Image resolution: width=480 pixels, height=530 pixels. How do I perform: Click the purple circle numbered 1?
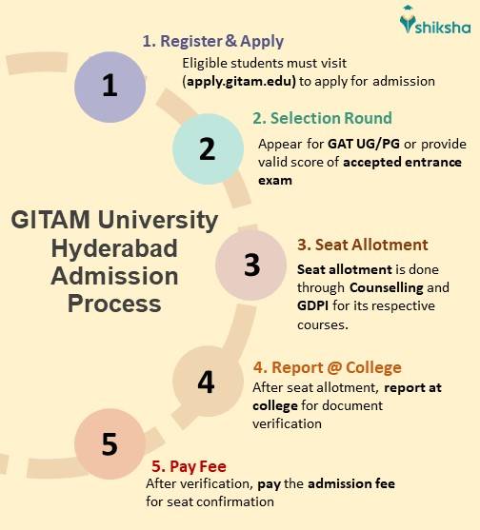pos(110,86)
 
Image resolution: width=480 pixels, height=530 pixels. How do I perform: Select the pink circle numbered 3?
pos(251,265)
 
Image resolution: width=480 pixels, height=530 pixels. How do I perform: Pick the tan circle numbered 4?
pos(206,382)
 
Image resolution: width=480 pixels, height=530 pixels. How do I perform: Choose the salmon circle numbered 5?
pos(109,444)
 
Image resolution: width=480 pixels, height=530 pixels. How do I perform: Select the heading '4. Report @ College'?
pos(326,367)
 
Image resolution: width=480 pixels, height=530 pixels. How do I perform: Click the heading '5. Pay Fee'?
pos(189,467)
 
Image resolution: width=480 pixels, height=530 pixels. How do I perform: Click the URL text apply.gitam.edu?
pos(239,81)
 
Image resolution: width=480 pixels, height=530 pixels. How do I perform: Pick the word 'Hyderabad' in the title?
pos(114,249)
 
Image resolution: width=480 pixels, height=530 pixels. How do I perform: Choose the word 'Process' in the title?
pos(114,304)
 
